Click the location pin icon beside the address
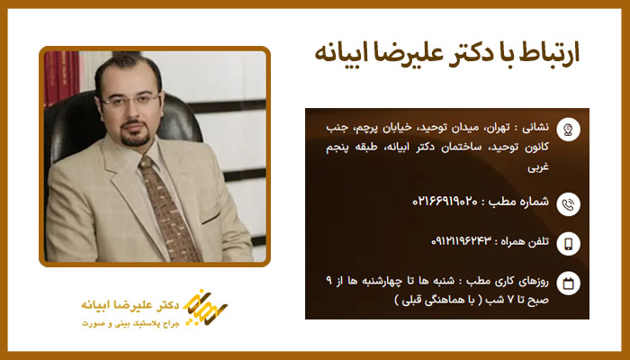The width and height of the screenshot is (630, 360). [x=568, y=130]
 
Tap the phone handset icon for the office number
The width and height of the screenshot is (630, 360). [x=568, y=202]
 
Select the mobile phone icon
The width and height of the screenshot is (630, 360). [x=568, y=243]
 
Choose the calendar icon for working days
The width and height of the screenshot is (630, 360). [x=568, y=284]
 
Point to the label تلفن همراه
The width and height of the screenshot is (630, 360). [x=522, y=243]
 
